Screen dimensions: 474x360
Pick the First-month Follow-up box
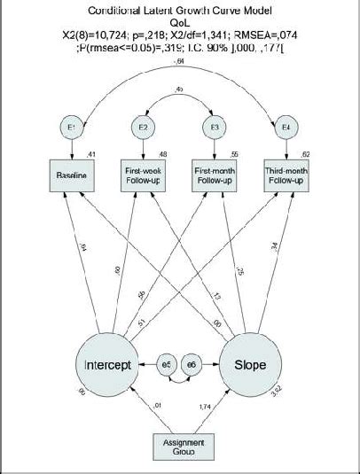tap(215, 176)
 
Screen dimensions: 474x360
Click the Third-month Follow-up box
tap(286, 176)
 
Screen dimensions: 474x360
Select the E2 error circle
tap(144, 128)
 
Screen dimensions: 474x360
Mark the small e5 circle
tap(168, 364)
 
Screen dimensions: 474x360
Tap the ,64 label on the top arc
tap(180, 61)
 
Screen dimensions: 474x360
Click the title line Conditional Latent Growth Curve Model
tap(180, 11)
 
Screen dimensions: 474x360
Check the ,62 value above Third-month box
tap(307, 152)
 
